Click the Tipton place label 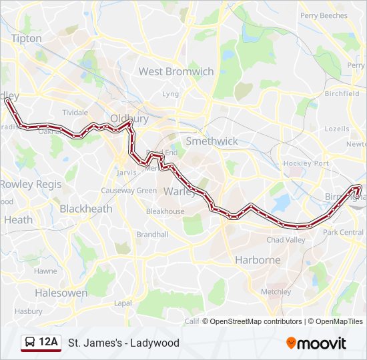click(x=26, y=39)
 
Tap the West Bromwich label click(x=176, y=71)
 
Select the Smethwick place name click(x=212, y=141)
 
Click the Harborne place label click(x=258, y=260)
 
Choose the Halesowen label click(x=61, y=293)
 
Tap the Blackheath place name click(x=86, y=209)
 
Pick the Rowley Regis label click(x=31, y=184)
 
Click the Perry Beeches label click(x=324, y=15)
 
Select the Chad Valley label click(x=285, y=240)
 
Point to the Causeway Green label click(x=129, y=191)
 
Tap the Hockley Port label click(x=306, y=163)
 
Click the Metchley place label click(x=276, y=291)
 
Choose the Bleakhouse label click(x=165, y=211)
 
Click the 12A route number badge click(x=49, y=343)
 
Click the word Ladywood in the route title click(x=155, y=343)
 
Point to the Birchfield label click(x=342, y=94)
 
